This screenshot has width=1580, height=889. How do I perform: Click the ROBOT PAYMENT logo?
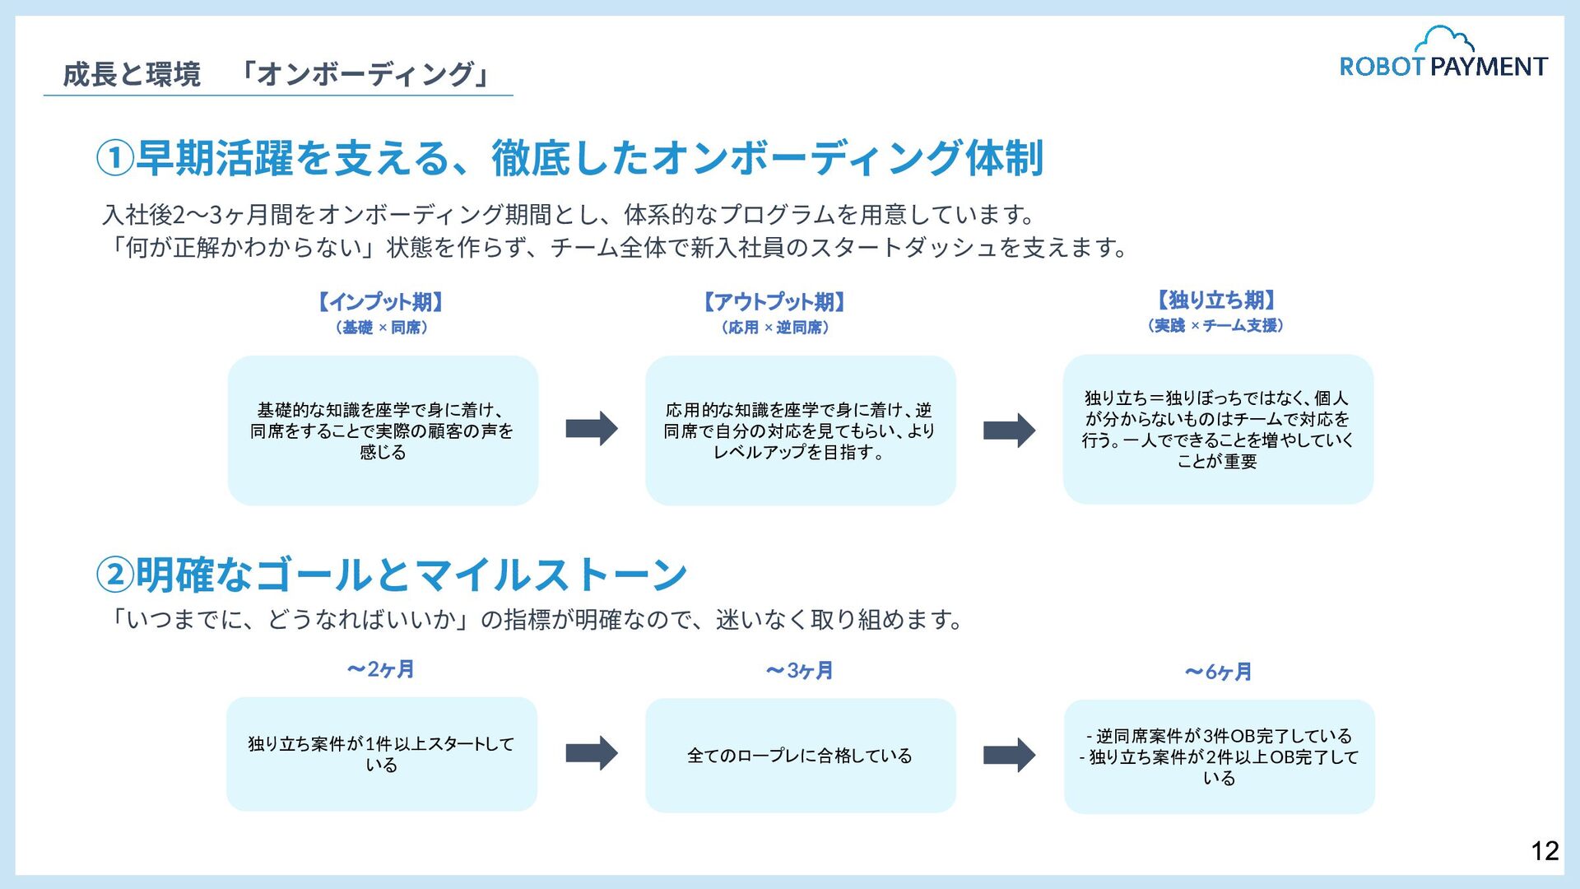coord(1443,54)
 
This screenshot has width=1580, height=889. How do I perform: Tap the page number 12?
coord(1545,851)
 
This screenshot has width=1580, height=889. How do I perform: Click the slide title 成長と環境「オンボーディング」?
coord(276,74)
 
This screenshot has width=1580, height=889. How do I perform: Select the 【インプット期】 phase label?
coord(381,302)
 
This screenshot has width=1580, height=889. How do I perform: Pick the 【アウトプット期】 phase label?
coord(774,302)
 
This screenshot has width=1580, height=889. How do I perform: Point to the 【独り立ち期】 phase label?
coord(1216,300)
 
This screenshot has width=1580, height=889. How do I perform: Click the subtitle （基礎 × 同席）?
coord(381,328)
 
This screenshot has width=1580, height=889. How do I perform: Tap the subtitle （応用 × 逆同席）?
coord(774,328)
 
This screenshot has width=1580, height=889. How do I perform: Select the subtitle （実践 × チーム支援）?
coord(1215,326)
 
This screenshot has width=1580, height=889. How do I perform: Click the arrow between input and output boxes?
coord(592,429)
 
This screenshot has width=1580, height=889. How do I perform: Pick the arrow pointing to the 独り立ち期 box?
coord(1009,430)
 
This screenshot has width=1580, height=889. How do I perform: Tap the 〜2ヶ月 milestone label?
coord(381,669)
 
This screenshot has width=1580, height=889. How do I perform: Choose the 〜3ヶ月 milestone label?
coord(799,671)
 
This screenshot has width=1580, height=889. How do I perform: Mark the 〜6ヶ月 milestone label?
coord(1218,673)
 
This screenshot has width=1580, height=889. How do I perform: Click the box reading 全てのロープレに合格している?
coord(800,756)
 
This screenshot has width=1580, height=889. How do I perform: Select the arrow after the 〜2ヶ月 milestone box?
coord(592,753)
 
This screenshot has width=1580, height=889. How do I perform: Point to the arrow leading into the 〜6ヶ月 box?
coord(1009,755)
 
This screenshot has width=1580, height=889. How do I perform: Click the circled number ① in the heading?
coord(115,158)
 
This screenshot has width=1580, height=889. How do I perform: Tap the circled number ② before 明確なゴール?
coord(115,575)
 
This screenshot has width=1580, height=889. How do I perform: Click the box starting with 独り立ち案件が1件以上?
coord(382,754)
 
